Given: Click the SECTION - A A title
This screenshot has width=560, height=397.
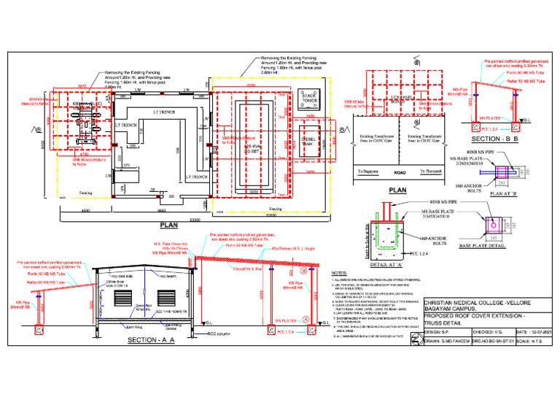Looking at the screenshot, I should (x=152, y=340).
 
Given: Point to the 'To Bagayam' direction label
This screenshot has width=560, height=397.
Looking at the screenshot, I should (x=370, y=171).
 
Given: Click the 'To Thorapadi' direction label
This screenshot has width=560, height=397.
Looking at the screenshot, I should (x=432, y=171).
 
